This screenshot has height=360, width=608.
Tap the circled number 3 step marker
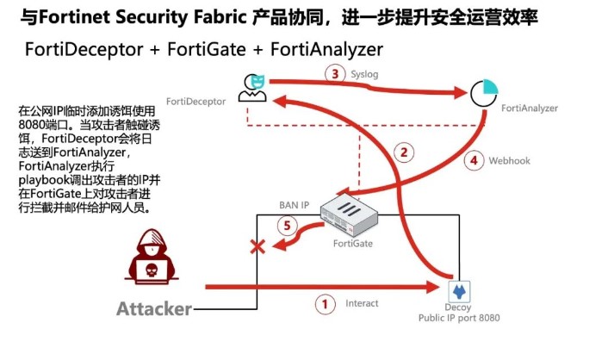[337, 75]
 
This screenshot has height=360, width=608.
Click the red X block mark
[257, 248]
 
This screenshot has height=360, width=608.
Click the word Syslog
[366, 75]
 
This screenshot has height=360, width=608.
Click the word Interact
[362, 303]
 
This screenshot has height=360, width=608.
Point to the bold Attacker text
[154, 309]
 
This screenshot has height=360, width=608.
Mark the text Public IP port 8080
[458, 318]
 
